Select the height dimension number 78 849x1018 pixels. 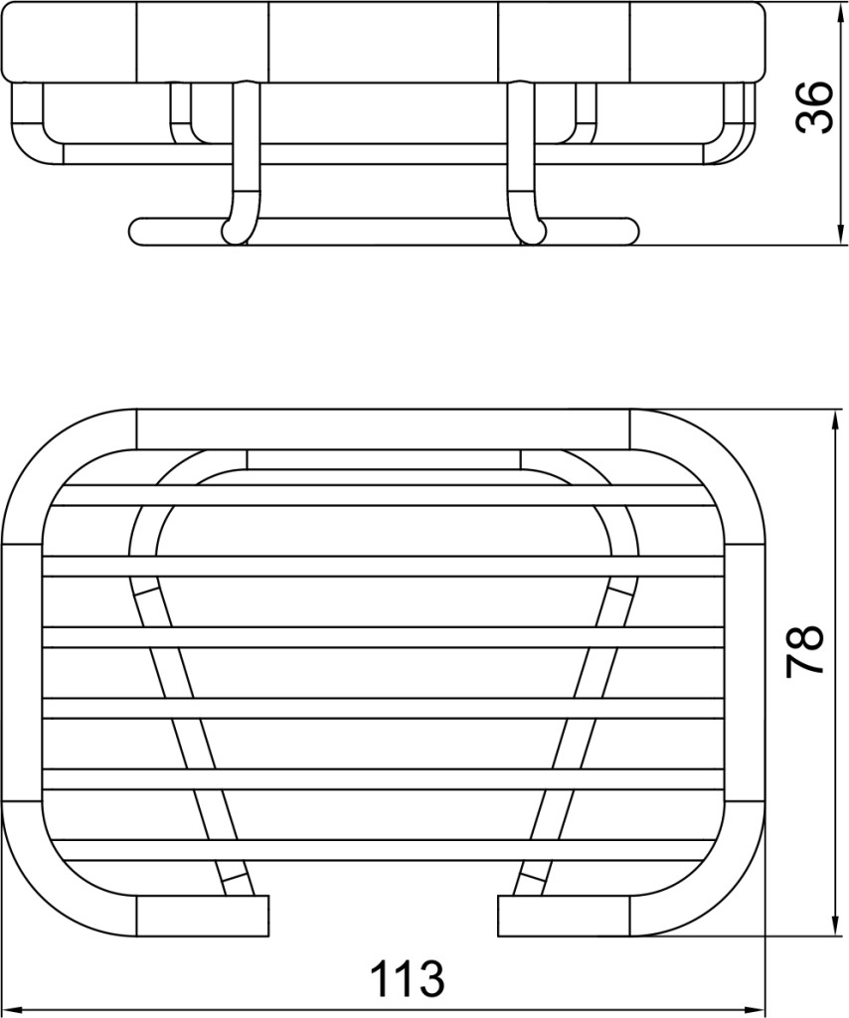click(x=805, y=652)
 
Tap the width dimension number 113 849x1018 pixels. click(x=407, y=978)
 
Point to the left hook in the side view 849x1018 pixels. click(x=241, y=162)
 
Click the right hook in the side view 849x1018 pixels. click(x=523, y=162)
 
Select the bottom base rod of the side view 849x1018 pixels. click(x=385, y=232)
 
